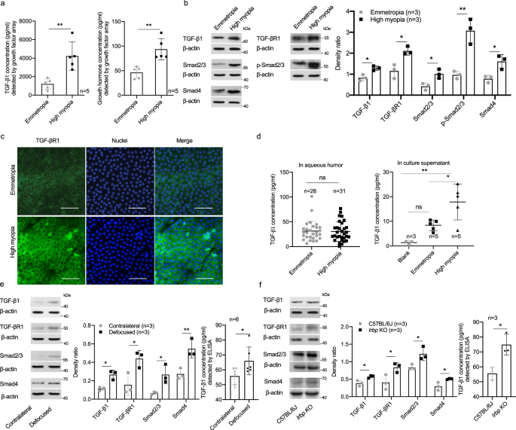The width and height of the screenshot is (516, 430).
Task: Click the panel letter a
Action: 5,6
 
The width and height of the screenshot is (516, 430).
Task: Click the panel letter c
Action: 5,137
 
